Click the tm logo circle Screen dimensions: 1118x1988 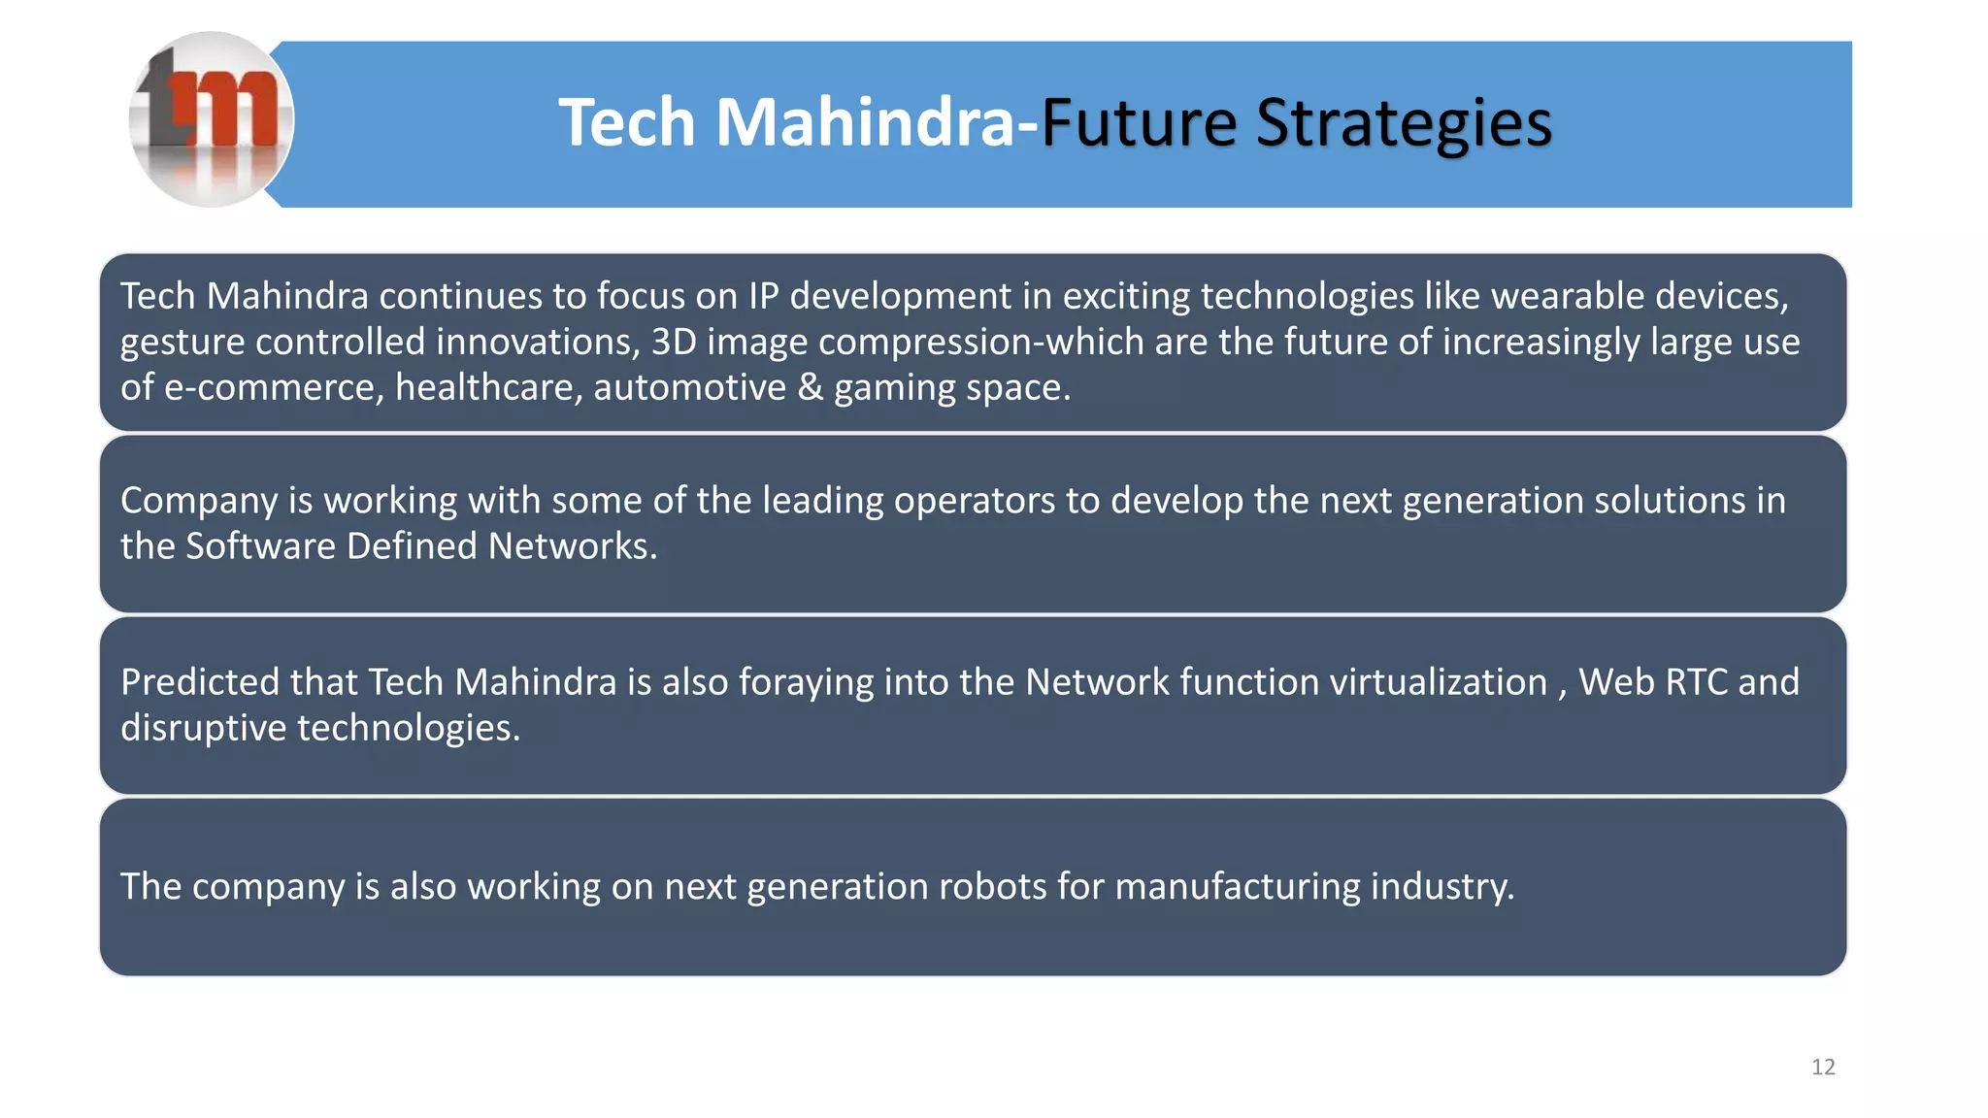tap(211, 119)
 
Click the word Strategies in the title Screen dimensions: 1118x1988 tap(1404, 123)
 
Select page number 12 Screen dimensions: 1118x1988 tap(1823, 1068)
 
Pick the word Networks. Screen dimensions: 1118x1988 tap(572, 546)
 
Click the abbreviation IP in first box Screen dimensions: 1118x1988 tap(763, 296)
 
